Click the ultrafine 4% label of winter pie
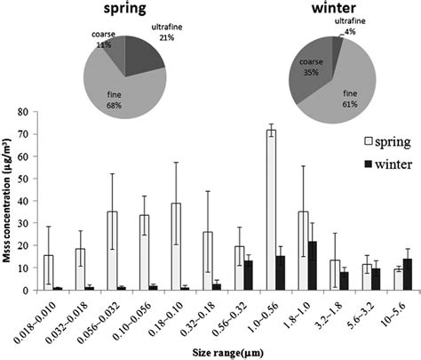click(x=355, y=36)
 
